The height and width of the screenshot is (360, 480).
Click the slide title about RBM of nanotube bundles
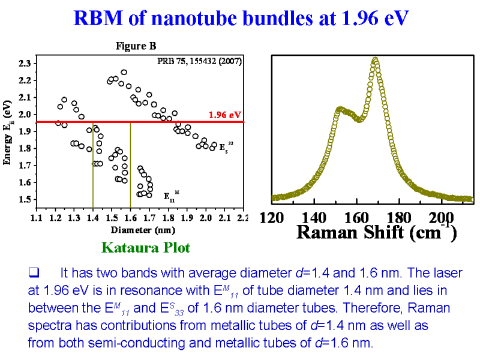coord(241,18)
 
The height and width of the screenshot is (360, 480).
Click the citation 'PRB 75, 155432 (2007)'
coord(200,61)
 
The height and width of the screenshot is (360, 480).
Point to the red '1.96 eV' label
coord(225,114)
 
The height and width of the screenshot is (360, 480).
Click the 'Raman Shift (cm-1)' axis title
coord(377,232)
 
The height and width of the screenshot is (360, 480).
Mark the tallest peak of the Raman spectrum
coord(376,59)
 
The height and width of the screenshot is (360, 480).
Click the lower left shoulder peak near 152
coord(340,109)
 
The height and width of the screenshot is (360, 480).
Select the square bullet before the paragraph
coord(34,274)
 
